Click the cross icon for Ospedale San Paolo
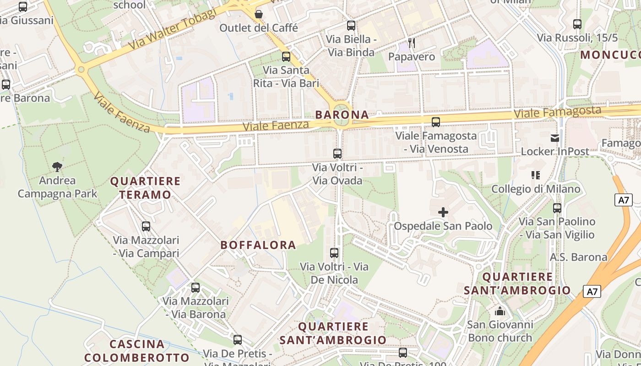[443, 212]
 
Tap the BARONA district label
[342, 115]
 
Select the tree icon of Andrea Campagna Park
[57, 167]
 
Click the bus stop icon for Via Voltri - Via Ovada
[337, 154]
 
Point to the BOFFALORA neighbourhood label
[258, 245]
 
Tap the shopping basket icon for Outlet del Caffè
[259, 14]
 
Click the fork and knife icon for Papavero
[412, 43]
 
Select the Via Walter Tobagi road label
[172, 30]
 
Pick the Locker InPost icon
[555, 138]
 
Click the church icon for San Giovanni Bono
[500, 312]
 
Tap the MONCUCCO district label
[610, 55]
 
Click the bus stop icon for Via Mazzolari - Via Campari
[146, 226]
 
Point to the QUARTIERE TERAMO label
[145, 188]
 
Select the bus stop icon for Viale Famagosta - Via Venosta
[436, 122]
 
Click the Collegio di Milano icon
[536, 175]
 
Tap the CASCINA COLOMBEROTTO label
[137, 351]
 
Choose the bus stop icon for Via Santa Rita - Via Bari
[286, 57]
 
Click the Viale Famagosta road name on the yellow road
[557, 112]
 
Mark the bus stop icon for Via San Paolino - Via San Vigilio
[557, 208]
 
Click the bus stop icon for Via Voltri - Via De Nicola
[334, 253]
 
